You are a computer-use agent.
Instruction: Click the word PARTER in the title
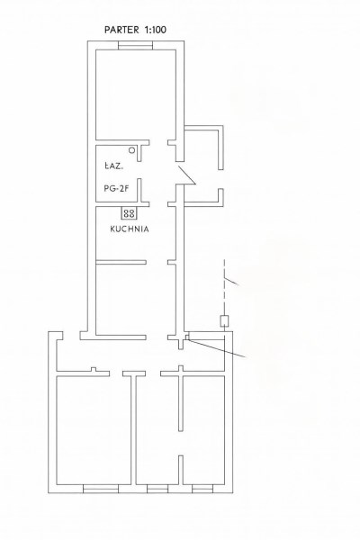coord(121,30)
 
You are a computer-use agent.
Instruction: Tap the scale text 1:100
coord(156,30)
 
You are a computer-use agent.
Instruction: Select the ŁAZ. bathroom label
coord(113,166)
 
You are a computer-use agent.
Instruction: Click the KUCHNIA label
coord(130,229)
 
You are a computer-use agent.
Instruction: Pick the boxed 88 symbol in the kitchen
coord(130,213)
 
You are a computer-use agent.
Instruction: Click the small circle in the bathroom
coord(132,150)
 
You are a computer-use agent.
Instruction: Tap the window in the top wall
coord(135,46)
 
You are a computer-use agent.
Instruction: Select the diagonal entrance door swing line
coord(186,175)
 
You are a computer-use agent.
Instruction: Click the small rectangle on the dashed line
coord(225,321)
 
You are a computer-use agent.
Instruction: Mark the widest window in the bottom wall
coord(101,489)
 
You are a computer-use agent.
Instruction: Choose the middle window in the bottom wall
coord(157,489)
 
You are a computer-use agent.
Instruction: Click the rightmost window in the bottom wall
coord(202,489)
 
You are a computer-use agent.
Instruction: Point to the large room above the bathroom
coord(136,94)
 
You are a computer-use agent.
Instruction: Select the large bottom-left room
coord(94,430)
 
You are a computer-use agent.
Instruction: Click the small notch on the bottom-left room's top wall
coord(94,369)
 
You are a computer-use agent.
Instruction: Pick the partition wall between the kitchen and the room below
coord(121,263)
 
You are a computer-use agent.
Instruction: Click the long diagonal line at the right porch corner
coord(217,348)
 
